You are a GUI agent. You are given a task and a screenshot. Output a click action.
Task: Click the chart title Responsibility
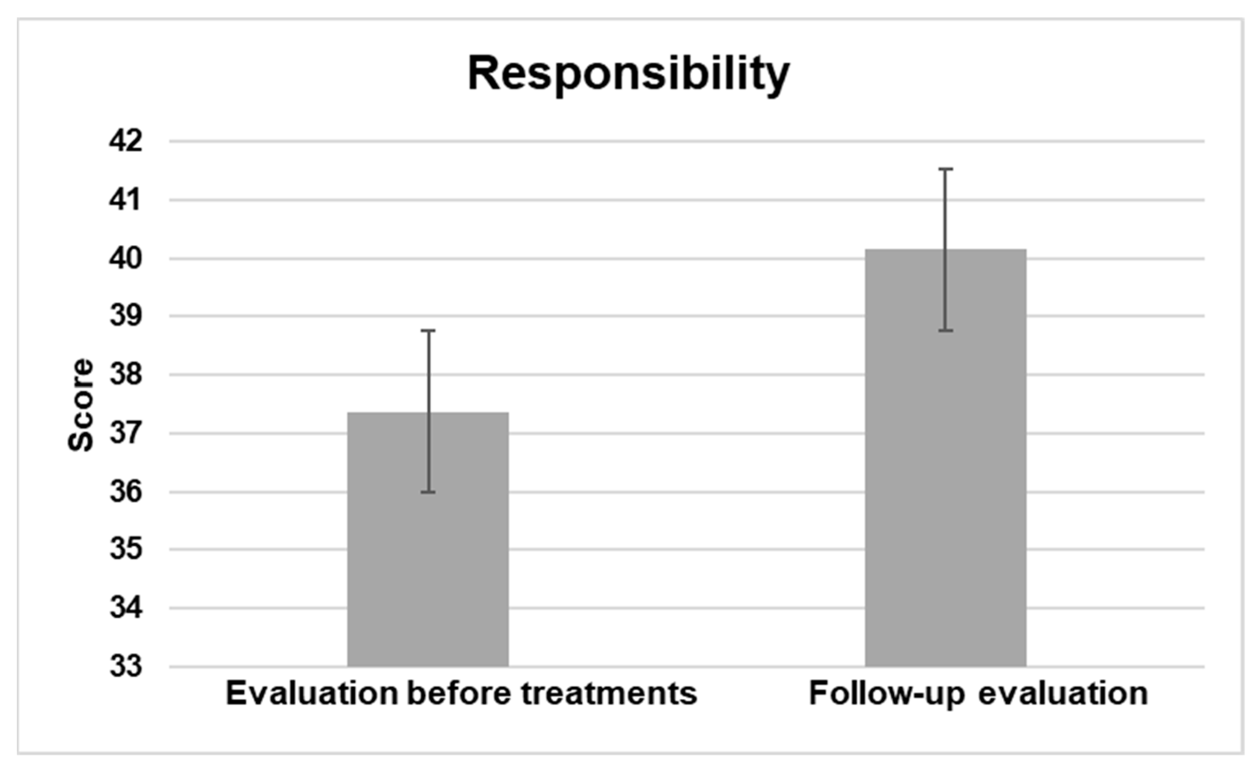(x=629, y=75)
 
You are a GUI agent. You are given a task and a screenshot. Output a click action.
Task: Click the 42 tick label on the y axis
(x=126, y=141)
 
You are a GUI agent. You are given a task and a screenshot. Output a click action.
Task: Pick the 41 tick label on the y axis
(x=126, y=200)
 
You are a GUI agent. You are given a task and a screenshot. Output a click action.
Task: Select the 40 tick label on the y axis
(x=126, y=259)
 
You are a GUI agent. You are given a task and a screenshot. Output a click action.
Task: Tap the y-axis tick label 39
(x=126, y=316)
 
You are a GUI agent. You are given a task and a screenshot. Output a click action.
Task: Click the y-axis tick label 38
(x=126, y=375)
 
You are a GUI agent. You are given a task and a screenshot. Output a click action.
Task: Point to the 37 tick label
(x=126, y=434)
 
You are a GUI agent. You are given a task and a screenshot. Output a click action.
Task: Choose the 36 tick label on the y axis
(x=126, y=492)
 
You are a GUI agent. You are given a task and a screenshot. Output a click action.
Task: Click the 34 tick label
(x=126, y=608)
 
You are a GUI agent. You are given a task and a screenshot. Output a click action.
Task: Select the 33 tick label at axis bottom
(x=126, y=667)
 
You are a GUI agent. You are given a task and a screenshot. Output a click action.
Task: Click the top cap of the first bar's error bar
(x=428, y=331)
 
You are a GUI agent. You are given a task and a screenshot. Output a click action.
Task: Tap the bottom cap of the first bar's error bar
(x=428, y=492)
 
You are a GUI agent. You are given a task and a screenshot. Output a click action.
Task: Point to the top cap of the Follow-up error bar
(x=945, y=169)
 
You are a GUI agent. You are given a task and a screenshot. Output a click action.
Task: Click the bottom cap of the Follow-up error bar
(x=945, y=331)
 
